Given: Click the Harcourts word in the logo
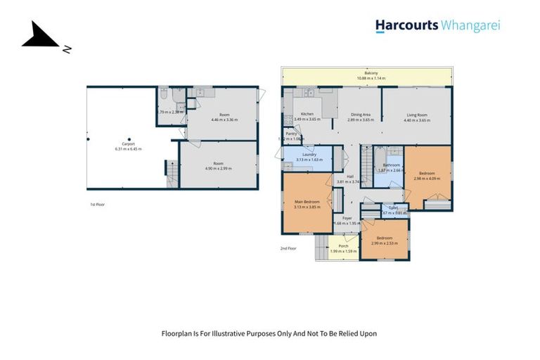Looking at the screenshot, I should point(406,26).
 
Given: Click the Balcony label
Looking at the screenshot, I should point(371,72).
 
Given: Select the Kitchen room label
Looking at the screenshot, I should point(307,114).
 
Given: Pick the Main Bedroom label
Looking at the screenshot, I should point(307,202).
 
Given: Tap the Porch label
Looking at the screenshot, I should point(343,246).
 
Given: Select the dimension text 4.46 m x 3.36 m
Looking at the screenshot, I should point(224,120).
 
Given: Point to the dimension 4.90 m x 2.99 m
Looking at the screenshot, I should point(218,169).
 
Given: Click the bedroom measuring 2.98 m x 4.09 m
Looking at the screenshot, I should point(427,174).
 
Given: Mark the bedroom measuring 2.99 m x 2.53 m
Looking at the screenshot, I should point(385,238).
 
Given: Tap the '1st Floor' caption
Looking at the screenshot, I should point(98,205).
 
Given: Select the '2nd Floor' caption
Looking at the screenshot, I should point(288,248).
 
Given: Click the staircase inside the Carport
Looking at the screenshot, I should point(171,173).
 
